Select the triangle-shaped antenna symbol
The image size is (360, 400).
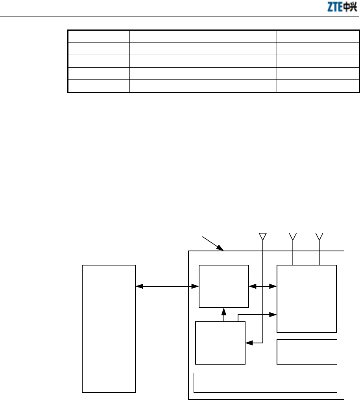click(262, 236)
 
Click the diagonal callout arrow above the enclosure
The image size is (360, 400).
click(212, 243)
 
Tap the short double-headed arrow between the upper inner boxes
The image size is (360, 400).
click(263, 287)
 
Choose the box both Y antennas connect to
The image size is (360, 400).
click(307, 299)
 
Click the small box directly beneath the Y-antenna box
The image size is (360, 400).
click(307, 352)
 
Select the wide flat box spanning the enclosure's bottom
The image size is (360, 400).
click(266, 382)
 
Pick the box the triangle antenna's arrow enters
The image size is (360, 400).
click(220, 343)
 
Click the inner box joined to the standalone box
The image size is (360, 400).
click(224, 286)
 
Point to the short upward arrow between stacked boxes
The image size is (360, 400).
click(224, 315)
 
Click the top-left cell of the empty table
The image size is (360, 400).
click(99, 36)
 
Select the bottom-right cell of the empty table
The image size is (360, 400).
click(318, 86)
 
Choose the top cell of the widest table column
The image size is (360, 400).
click(203, 36)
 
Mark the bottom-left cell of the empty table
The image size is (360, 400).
click(99, 86)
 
